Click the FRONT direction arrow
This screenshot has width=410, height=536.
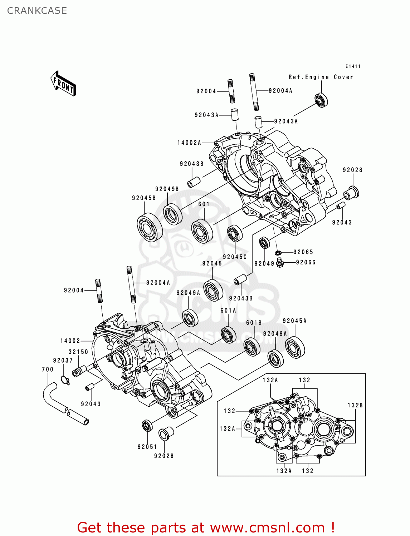tap(63, 84)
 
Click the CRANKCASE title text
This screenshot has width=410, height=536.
tap(37, 11)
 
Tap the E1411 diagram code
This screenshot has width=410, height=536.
tap(353, 66)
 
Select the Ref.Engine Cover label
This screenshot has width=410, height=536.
tap(321, 77)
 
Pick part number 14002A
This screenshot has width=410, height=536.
tap(189, 143)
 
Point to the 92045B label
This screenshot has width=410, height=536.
tap(144, 198)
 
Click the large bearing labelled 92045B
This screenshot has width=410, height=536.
tap(150, 227)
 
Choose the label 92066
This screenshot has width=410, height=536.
tap(306, 262)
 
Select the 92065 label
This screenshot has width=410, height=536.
tap(303, 252)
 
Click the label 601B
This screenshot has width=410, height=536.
tap(254, 323)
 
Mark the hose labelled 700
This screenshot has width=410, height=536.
tap(64, 406)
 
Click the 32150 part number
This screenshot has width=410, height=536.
tap(78, 352)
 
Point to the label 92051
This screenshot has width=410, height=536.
tap(147, 447)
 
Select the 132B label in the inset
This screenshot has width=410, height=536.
tap(355, 405)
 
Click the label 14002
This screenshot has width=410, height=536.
tap(70, 341)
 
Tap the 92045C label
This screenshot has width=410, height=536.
tap(235, 257)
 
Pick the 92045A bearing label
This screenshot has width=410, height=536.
tap(294, 321)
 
